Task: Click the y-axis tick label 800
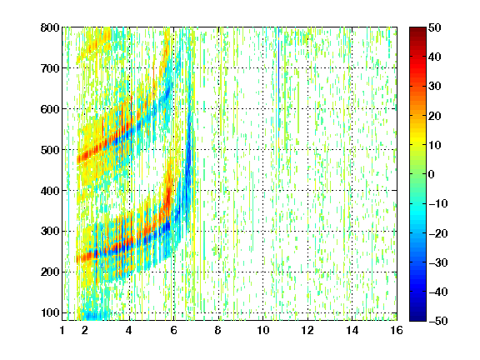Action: (x=50, y=27)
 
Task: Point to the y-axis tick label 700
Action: (x=50, y=68)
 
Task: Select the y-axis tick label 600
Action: (x=50, y=109)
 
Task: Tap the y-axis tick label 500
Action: (x=50, y=150)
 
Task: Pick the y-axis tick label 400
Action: (x=50, y=191)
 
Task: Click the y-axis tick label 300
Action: (x=50, y=231)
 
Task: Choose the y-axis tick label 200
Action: (x=50, y=272)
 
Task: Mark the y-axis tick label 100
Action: (x=50, y=312)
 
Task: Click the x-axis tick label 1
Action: (x=62, y=330)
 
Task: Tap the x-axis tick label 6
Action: (x=174, y=330)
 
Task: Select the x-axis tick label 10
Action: (x=263, y=330)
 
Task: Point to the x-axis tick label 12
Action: (x=307, y=330)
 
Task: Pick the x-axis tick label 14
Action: (x=352, y=330)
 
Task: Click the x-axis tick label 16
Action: (x=397, y=330)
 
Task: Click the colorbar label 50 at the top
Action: (x=435, y=27)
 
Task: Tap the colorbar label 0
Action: (x=432, y=174)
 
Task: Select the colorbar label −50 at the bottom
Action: (x=438, y=321)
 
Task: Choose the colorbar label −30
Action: (x=438, y=262)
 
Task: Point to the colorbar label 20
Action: (x=435, y=116)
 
